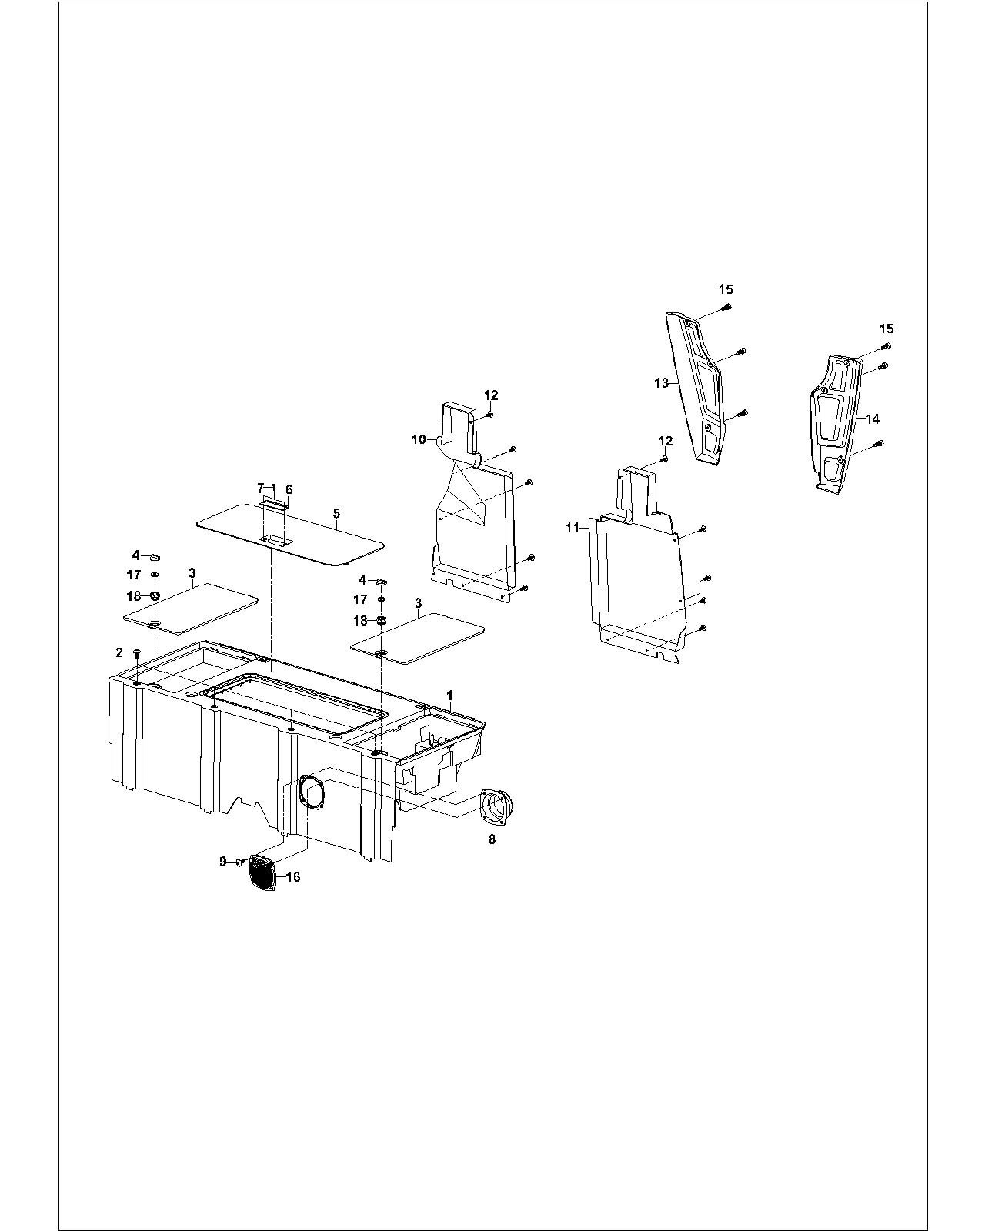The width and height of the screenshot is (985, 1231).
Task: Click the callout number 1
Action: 450,695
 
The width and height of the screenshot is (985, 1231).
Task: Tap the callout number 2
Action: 119,652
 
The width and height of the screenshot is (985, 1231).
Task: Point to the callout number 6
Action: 289,489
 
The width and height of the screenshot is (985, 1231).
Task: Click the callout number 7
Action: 260,488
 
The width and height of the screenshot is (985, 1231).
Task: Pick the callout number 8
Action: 492,839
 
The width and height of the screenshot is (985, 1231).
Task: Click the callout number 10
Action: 419,439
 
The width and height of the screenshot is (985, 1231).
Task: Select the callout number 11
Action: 573,528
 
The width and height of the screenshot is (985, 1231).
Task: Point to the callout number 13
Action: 662,382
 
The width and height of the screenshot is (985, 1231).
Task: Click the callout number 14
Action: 873,419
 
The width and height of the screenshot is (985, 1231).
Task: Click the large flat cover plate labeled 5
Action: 289,534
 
